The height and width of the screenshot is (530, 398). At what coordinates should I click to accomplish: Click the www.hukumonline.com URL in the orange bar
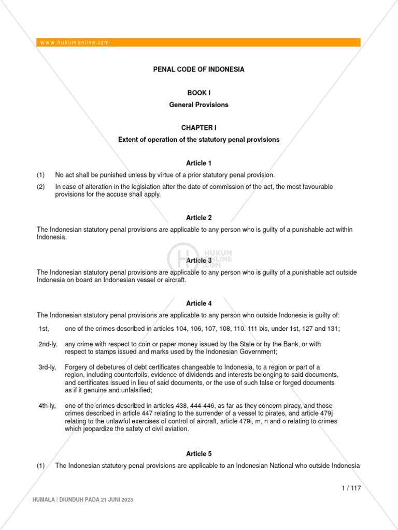click(75, 42)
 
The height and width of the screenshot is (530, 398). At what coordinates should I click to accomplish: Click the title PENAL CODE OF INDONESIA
click(198, 69)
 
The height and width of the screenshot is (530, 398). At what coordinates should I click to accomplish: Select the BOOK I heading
click(198, 93)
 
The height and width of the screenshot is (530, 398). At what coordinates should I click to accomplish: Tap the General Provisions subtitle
click(198, 105)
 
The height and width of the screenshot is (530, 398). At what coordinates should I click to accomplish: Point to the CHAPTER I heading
click(198, 127)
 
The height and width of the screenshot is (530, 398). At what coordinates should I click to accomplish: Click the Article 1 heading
click(198, 163)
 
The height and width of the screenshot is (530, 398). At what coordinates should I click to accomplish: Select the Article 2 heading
click(198, 218)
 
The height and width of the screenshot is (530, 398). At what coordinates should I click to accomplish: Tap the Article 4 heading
click(198, 303)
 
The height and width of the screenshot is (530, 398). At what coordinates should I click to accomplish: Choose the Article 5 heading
click(198, 453)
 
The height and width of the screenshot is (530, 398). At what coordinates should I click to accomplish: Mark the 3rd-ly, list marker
click(47, 367)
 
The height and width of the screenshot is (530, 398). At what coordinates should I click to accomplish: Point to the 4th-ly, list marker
click(47, 405)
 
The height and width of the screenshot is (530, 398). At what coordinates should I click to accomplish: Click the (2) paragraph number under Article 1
click(41, 187)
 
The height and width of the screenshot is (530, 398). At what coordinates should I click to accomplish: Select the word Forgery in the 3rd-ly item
click(77, 367)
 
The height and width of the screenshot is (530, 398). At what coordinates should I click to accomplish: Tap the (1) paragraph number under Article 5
click(41, 466)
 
